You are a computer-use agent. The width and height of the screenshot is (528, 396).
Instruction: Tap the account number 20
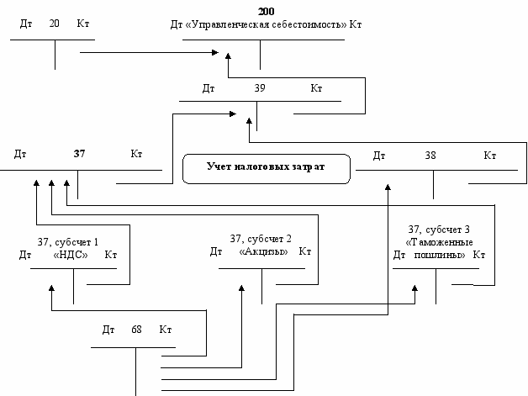(55, 24)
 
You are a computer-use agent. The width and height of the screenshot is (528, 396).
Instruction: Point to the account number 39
(259, 87)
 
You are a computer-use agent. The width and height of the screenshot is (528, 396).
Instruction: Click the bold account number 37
(79, 154)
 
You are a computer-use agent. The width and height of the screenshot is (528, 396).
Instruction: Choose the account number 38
(430, 155)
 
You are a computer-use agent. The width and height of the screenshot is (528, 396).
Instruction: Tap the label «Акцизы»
(263, 251)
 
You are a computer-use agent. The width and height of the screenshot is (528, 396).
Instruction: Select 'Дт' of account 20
(26, 24)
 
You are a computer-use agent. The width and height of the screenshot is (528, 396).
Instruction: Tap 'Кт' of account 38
(489, 155)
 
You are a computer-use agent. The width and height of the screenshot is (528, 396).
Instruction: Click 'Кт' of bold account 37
(136, 154)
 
